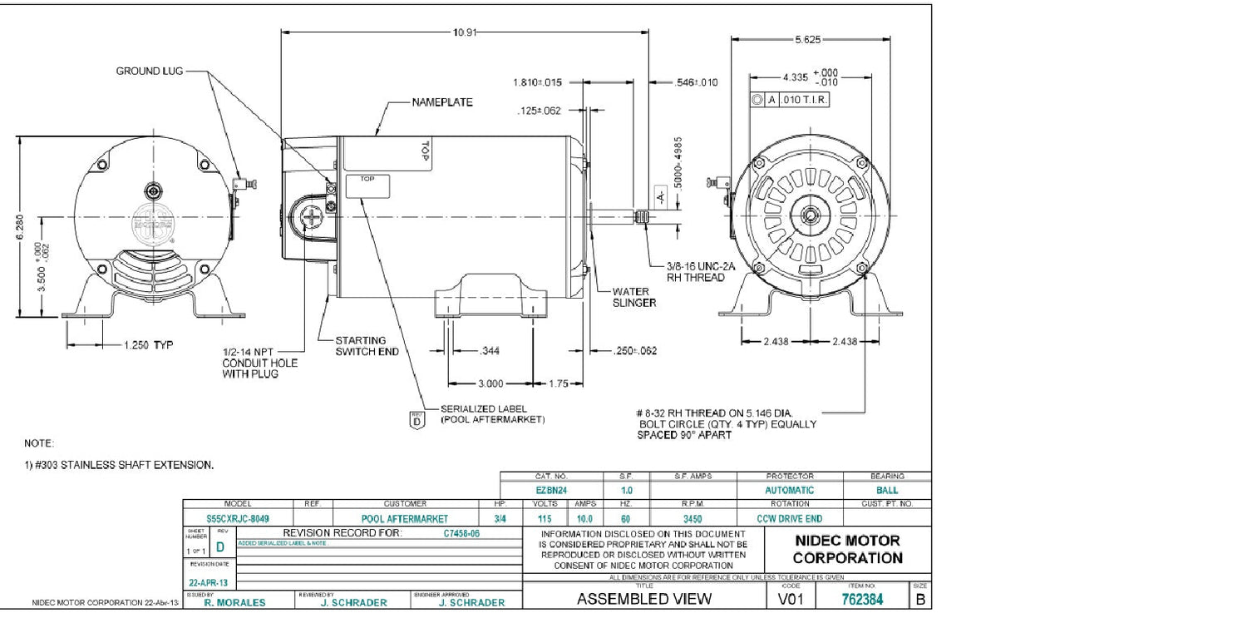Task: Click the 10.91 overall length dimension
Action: pos(464,32)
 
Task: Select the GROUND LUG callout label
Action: pos(149,72)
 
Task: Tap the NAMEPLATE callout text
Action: pos(442,102)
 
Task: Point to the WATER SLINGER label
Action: pos(633,297)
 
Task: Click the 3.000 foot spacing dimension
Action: pos(490,383)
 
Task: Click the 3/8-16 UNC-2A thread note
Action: pos(701,272)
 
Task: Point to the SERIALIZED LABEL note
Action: pos(492,414)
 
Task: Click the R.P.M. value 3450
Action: pos(693,517)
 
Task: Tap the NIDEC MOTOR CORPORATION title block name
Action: pos(846,549)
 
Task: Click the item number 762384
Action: pos(864,598)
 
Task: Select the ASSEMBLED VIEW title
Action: pos(644,598)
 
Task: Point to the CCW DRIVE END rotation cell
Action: pos(790,517)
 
